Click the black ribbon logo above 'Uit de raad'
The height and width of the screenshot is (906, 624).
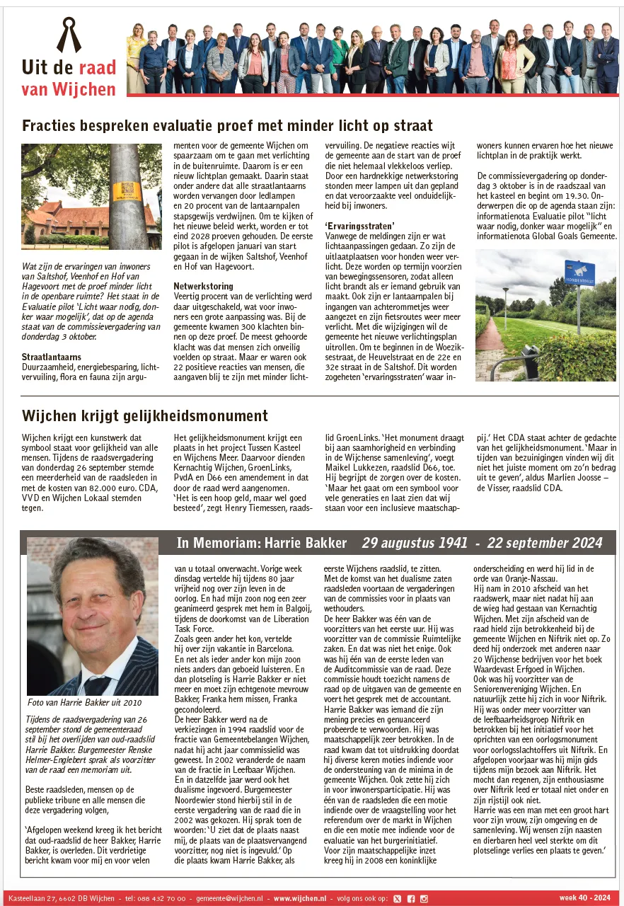[69, 36]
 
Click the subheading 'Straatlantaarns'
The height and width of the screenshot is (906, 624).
[51, 357]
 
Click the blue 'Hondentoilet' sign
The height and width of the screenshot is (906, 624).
[579, 273]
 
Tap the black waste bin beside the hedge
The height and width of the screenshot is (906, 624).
[529, 361]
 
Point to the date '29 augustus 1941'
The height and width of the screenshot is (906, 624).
[415, 543]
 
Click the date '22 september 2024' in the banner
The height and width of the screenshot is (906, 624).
[545, 543]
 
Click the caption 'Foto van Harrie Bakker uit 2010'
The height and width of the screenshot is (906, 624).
[84, 703]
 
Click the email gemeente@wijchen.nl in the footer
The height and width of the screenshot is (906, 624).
[229, 898]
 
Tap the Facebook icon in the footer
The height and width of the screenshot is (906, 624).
[410, 898]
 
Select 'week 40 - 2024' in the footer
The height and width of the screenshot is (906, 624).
[584, 898]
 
